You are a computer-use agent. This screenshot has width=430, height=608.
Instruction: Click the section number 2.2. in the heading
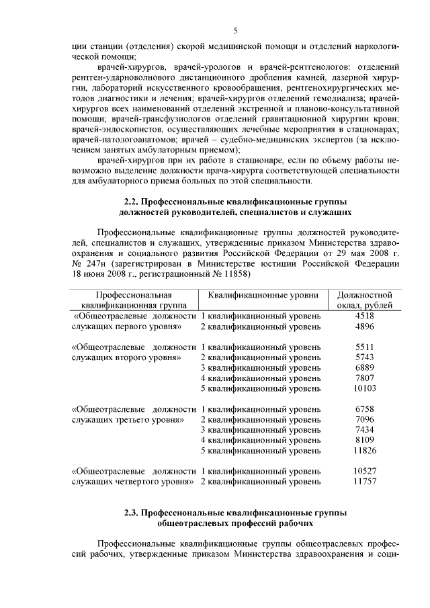[x=133, y=202]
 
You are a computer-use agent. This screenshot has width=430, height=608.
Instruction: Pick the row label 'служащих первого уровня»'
[x=126, y=327]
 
